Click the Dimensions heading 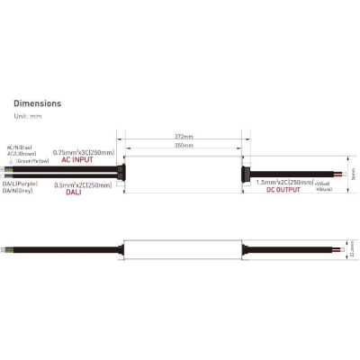pyautogui.click(x=38, y=103)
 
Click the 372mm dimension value pyautogui.click(x=184, y=137)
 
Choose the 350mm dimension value pyautogui.click(x=184, y=145)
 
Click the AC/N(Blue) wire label pyautogui.click(x=22, y=147)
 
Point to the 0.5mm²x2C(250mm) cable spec pyautogui.click(x=83, y=185)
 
